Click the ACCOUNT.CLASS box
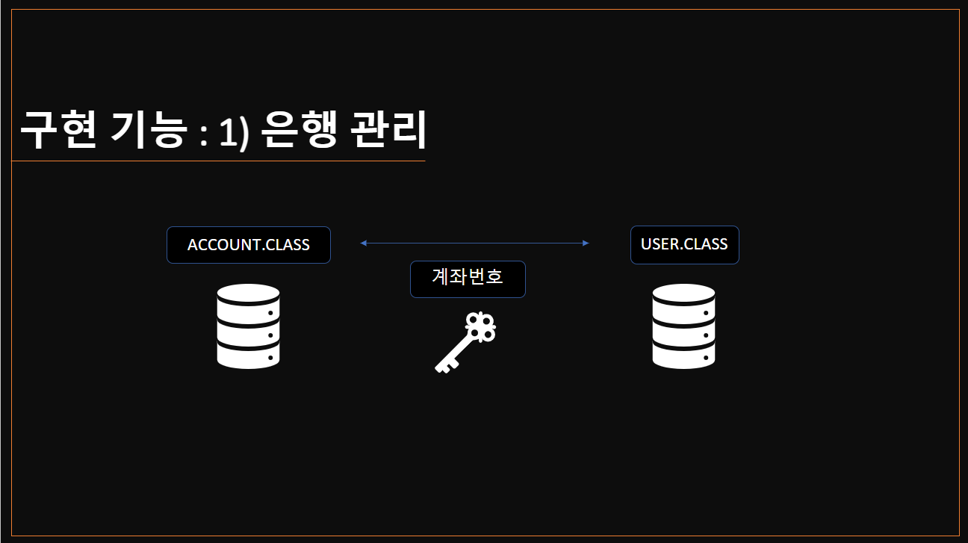click(x=248, y=245)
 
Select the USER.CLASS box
click(x=684, y=244)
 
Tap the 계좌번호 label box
click(x=468, y=279)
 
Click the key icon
click(x=466, y=342)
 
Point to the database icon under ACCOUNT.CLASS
click(x=248, y=326)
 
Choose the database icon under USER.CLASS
click(x=683, y=326)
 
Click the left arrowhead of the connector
click(x=363, y=243)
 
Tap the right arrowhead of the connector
click(x=586, y=243)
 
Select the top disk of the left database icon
click(x=248, y=294)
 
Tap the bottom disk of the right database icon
click(x=683, y=357)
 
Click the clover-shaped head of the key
click(x=481, y=326)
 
